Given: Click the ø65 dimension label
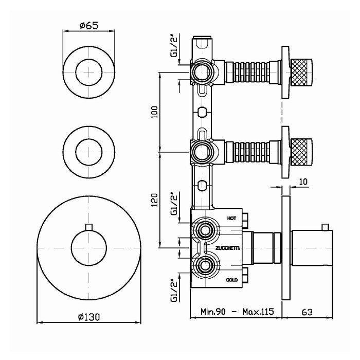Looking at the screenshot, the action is [88, 25].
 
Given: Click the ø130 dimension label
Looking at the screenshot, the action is [89, 317].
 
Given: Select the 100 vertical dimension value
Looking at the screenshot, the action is [155, 112].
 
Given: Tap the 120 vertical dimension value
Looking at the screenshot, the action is [155, 200].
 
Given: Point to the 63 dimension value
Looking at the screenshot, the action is [307, 312].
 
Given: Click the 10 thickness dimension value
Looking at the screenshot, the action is [303, 182].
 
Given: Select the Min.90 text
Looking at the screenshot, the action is [213, 312].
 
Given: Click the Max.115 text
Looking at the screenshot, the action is [258, 312].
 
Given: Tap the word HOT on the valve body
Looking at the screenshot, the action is [231, 219].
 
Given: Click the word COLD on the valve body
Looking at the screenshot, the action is [231, 280].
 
